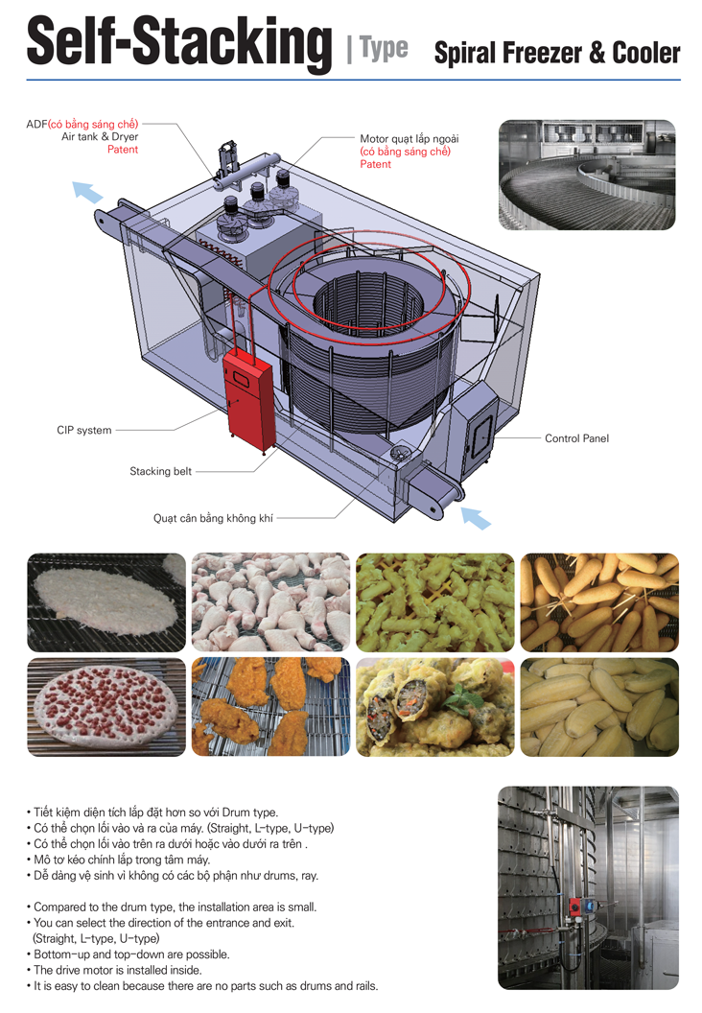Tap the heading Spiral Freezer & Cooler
coord(557,52)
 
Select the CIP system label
coord(84,431)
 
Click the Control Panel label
coord(576,438)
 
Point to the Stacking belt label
coord(161,471)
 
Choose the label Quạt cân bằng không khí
coord(213,518)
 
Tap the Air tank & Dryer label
coord(100,137)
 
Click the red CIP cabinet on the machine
coord(248,393)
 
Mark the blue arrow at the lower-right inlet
coord(477,517)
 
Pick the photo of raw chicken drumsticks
coord(270,601)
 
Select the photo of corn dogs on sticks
coord(598,601)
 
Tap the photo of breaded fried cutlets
coord(270,707)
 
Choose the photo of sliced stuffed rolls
coord(434,707)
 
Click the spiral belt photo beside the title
coord(587,175)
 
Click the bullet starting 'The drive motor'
coord(130,970)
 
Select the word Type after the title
coord(385,48)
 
